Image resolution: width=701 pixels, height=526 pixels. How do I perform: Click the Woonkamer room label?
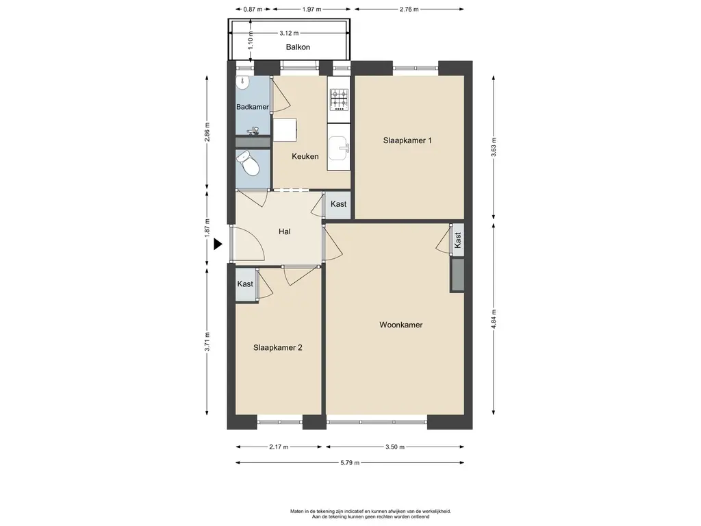[x=400, y=325]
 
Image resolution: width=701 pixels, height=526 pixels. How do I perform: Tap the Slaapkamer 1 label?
[x=407, y=140]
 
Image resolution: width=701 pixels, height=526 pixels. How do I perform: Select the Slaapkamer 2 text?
[x=278, y=347]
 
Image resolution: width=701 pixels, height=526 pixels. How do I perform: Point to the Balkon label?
[x=298, y=47]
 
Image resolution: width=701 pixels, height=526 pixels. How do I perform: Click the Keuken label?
[x=305, y=156]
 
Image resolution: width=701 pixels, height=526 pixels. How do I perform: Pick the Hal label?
[x=284, y=231]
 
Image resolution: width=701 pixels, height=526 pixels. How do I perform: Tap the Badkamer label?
[x=253, y=107]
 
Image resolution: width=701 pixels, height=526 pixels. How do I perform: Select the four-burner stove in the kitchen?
[x=339, y=99]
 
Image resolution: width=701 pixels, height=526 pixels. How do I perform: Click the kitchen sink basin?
[x=338, y=148]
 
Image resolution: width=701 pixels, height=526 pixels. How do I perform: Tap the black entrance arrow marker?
[x=218, y=245]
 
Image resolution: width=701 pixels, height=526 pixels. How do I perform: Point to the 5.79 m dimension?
[x=350, y=463]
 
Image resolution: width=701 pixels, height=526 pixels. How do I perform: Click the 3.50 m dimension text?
[x=395, y=447]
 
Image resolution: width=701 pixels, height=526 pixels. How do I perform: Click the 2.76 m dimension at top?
[x=409, y=9]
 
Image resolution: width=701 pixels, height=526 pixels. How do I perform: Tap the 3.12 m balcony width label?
[x=289, y=33]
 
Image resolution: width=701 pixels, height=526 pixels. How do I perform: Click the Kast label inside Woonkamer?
[x=457, y=240]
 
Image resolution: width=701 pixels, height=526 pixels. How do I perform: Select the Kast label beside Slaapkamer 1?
[x=338, y=204]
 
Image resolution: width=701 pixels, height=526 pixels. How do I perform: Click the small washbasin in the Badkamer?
[x=243, y=82]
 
